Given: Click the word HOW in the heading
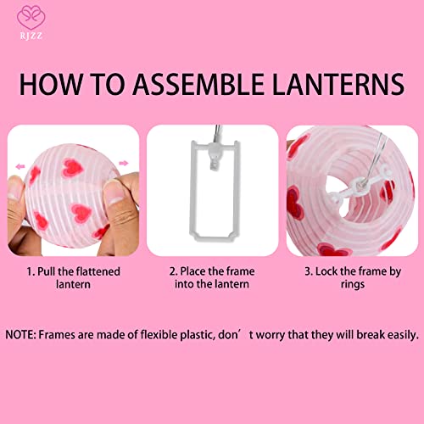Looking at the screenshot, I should (53, 85).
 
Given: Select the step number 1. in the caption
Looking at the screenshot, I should (28, 271).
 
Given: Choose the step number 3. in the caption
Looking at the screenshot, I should (307, 271).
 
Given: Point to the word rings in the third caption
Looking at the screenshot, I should (354, 286).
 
